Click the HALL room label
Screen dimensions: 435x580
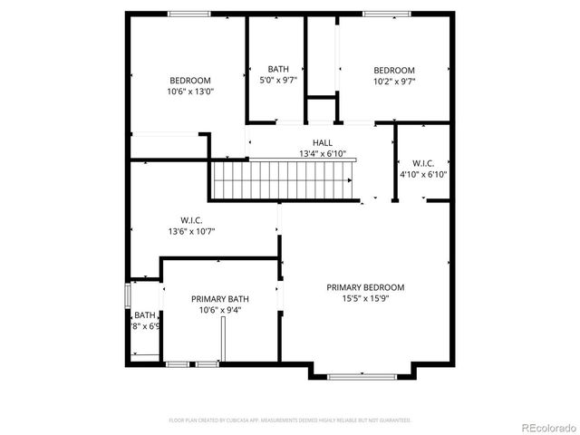tap(322, 142)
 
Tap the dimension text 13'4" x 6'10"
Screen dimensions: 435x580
tap(322, 154)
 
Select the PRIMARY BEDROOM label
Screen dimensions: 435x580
tap(365, 287)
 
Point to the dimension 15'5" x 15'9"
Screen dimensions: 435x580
tap(365, 298)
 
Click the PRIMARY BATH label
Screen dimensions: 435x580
tap(220, 299)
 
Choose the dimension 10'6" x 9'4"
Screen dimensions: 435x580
tap(220, 310)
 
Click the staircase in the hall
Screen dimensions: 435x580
tap(286, 178)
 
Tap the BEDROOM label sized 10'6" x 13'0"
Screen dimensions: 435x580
tap(189, 80)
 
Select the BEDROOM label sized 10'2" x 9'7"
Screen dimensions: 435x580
tap(394, 70)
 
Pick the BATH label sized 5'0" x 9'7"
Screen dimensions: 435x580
tap(278, 69)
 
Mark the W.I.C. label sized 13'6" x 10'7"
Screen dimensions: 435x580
tap(191, 219)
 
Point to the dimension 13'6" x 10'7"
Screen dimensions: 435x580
tap(191, 231)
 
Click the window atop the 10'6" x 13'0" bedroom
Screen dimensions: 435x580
tap(189, 13)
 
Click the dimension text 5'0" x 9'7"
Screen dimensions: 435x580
tap(278, 80)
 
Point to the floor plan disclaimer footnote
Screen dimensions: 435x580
tap(290, 420)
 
